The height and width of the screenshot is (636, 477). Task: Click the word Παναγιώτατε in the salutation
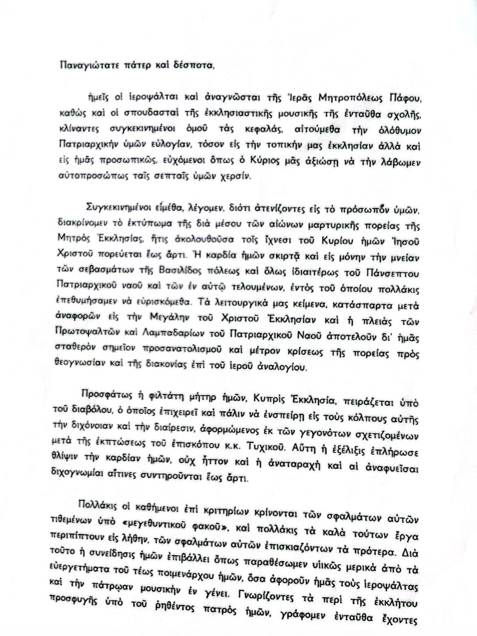tap(85, 65)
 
